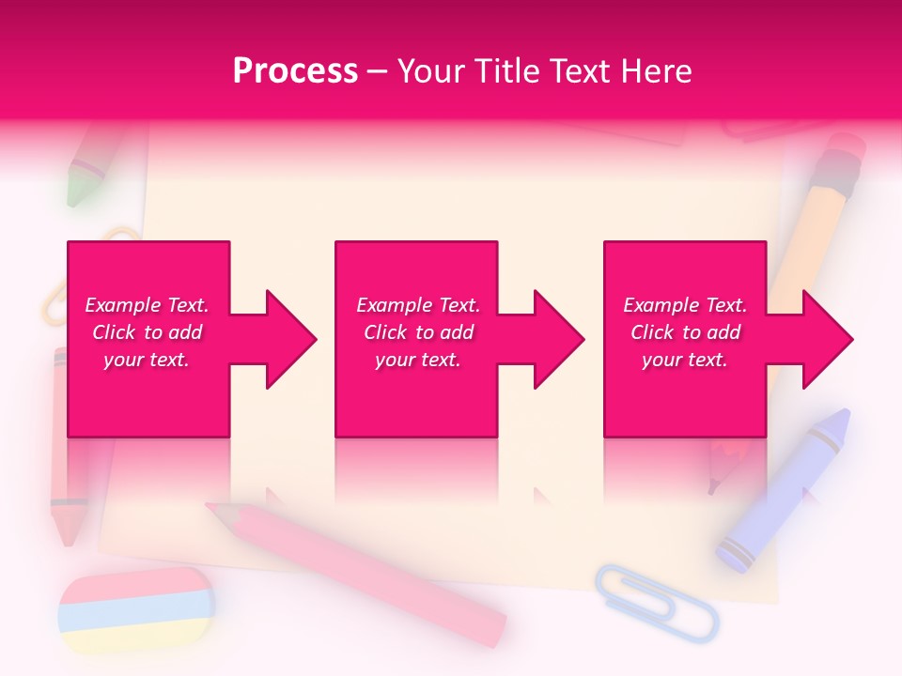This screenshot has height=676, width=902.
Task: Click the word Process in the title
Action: (x=295, y=70)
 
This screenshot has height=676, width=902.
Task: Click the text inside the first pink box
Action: (x=147, y=332)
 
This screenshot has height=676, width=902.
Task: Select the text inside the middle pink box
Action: (x=417, y=332)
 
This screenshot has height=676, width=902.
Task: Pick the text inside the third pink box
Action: (x=685, y=332)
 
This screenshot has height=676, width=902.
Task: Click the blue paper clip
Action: (x=657, y=601)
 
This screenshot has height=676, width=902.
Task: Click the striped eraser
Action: (x=136, y=610)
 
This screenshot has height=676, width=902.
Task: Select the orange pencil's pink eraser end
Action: (x=845, y=156)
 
